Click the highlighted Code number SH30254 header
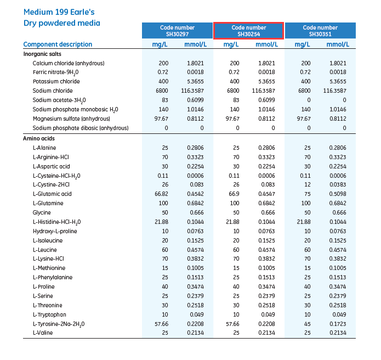248,31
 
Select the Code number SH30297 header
177,31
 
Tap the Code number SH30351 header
320,31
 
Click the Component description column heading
58,44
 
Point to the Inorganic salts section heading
42,54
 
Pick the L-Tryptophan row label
49,314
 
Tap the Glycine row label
42,212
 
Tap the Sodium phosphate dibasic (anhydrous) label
80,128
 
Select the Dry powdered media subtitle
61,23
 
